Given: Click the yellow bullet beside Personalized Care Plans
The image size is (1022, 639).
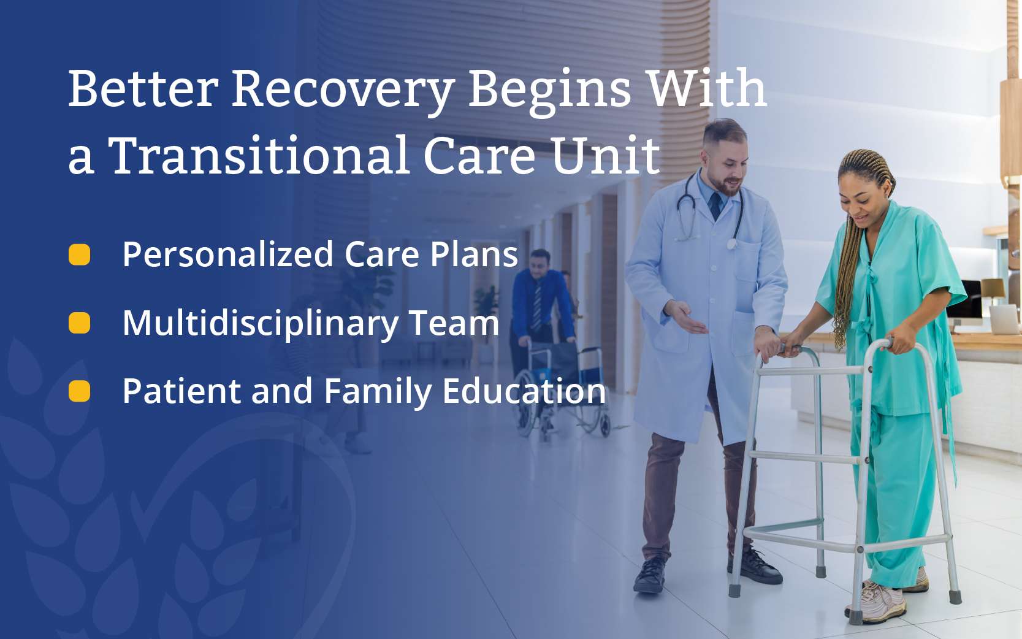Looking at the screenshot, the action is pos(79,254).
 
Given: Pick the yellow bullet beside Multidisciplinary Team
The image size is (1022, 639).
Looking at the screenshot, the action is pos(79,323).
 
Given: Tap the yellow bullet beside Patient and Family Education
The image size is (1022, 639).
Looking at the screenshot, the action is pos(79,391).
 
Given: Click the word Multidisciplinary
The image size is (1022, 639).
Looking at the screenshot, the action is pos(259,324).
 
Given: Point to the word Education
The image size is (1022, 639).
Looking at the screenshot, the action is pos(524,391).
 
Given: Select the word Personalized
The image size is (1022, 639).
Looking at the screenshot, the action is pos(228,254).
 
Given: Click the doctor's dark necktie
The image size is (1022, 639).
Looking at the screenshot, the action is pos(715,205).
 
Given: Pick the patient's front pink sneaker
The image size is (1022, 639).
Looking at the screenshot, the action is pos(876,601).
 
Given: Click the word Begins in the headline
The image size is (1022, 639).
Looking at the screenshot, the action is pos(551,91).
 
